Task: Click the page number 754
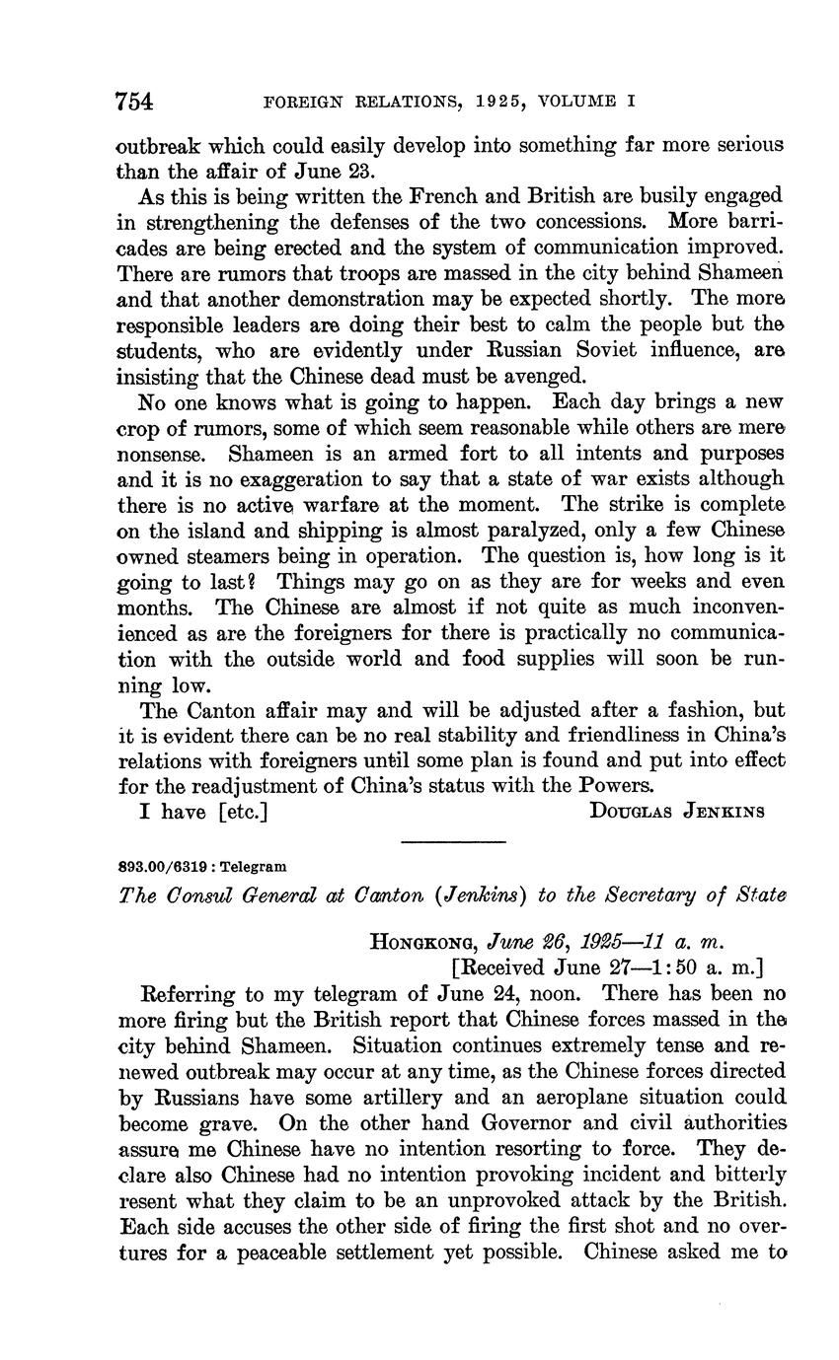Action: pyautogui.click(x=135, y=101)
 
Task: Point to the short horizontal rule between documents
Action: pyautogui.click(x=453, y=841)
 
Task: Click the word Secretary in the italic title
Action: pyautogui.click(x=637, y=895)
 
